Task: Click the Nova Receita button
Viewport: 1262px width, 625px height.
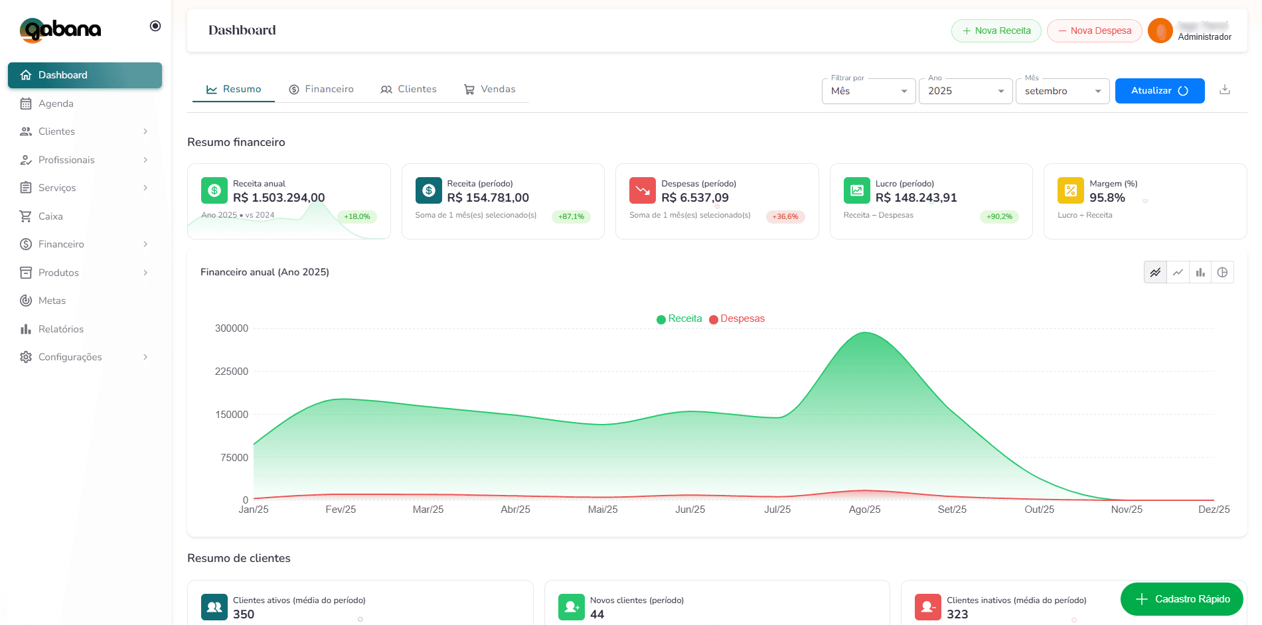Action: click(996, 31)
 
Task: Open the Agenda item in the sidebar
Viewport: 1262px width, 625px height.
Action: click(56, 104)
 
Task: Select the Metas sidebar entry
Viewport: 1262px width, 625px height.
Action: click(52, 301)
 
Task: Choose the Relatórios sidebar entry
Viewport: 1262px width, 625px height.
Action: click(60, 329)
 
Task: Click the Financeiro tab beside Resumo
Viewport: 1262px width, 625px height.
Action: click(321, 89)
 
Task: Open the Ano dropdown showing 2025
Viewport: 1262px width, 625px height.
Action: click(965, 91)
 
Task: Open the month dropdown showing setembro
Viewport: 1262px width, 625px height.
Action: click(1062, 91)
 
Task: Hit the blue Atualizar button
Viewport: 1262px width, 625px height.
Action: click(1159, 91)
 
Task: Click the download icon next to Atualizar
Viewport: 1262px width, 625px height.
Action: click(1225, 90)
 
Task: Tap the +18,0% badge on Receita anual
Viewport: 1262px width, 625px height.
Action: click(357, 216)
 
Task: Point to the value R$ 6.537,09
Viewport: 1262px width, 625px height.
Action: click(694, 198)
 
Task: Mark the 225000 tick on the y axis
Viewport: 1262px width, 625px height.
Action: click(232, 372)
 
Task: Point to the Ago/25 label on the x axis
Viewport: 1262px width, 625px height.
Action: click(864, 510)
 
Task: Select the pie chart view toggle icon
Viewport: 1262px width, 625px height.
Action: click(1222, 272)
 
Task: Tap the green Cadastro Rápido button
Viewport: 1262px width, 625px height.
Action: click(1182, 599)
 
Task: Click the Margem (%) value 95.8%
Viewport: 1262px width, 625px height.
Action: click(1107, 198)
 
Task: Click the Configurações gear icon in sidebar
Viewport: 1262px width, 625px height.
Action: click(26, 357)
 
